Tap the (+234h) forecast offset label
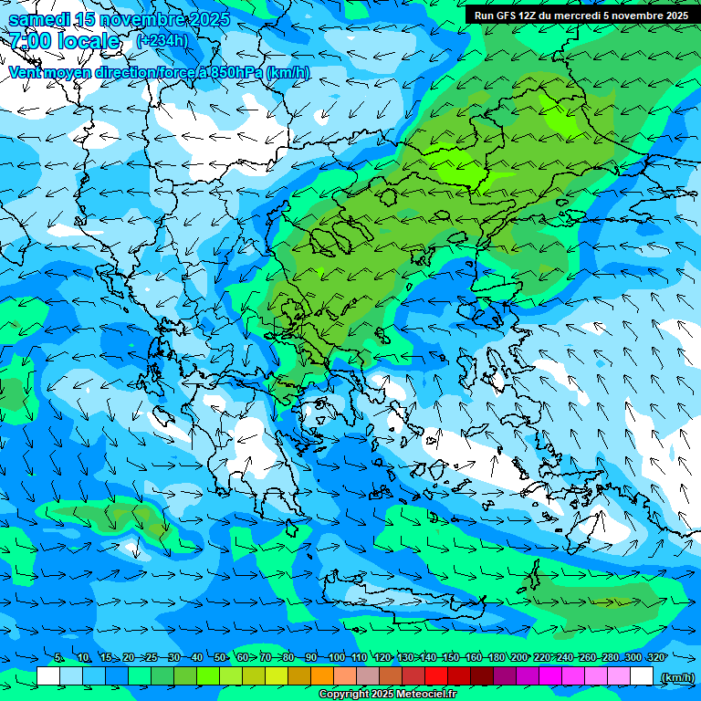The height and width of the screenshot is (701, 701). (162, 40)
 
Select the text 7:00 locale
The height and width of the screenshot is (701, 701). (64, 41)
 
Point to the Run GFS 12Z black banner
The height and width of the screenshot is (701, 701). (581, 15)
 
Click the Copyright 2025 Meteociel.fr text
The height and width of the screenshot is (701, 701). (387, 695)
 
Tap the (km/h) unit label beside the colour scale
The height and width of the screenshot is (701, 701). (676, 677)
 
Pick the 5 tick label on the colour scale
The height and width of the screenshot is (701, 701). (59, 658)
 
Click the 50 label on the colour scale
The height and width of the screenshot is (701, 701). (220, 658)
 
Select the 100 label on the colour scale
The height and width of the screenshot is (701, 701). (336, 658)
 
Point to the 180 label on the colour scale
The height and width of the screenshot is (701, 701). (496, 658)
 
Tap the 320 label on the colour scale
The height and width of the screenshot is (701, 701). (655, 658)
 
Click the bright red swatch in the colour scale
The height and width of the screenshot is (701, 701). (436, 676)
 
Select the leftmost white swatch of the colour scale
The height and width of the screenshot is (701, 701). (48, 676)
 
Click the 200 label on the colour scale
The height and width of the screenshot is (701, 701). (518, 658)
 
